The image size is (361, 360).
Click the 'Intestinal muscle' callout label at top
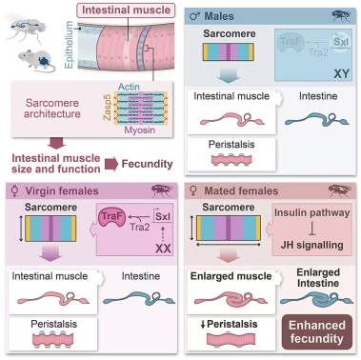pyautogui.click(x=126, y=10)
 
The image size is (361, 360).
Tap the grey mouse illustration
pyautogui.click(x=36, y=61)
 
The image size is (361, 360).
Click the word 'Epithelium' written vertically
pyautogui.click(x=69, y=45)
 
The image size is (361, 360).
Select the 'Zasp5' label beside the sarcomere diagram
pyautogui.click(x=108, y=107)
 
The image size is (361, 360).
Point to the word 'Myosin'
pyautogui.click(x=140, y=130)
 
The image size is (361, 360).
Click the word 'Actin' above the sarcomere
pyautogui.click(x=129, y=87)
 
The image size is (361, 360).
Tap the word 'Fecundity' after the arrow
pyautogui.click(x=147, y=164)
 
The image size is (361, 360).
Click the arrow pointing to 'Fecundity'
pyautogui.click(x=111, y=164)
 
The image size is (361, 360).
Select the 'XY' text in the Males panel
pyautogui.click(x=342, y=74)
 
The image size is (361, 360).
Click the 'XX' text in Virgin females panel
pyautogui.click(x=163, y=248)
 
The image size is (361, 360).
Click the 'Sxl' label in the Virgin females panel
pyautogui.click(x=163, y=216)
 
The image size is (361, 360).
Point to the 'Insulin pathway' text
pyautogui.click(x=312, y=212)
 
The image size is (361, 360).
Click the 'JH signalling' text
pyautogui.click(x=312, y=245)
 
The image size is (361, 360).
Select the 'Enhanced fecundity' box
pyautogui.click(x=317, y=331)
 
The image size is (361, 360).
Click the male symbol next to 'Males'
pyautogui.click(x=194, y=16)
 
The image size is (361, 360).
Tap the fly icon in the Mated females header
pyautogui.click(x=340, y=191)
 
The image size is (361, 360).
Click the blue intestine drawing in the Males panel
pyautogui.click(x=316, y=120)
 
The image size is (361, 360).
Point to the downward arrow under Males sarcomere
pyautogui.click(x=229, y=75)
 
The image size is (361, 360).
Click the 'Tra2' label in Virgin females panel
pyautogui.click(x=140, y=227)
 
